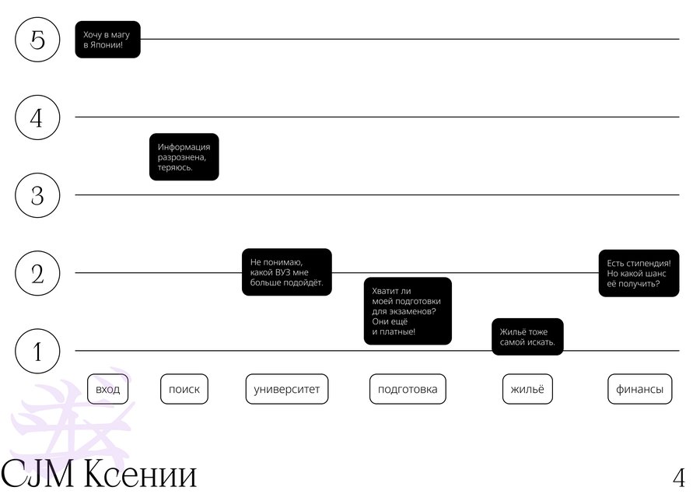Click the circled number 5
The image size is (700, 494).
tap(37, 40)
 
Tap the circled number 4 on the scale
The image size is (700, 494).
tap(37, 117)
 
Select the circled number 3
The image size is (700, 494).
tap(37, 195)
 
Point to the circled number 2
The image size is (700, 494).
tap(37, 273)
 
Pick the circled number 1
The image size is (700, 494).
tap(37, 351)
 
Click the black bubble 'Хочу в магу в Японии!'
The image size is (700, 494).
tap(107, 40)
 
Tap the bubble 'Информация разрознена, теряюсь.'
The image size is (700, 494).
tap(184, 157)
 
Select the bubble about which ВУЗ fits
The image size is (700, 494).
tap(286, 272)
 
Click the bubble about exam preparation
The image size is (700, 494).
tap(408, 311)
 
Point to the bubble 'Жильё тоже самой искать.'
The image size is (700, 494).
tap(527, 337)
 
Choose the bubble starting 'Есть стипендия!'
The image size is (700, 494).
tap(639, 273)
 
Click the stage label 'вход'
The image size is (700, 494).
tap(107, 389)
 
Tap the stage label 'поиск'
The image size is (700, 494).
tap(184, 389)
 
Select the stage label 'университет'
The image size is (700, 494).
tap(286, 389)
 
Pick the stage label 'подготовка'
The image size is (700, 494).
tap(408, 389)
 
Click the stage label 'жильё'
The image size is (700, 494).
tap(527, 389)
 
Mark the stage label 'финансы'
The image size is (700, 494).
tap(640, 389)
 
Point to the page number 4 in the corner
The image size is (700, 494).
tap(679, 478)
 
